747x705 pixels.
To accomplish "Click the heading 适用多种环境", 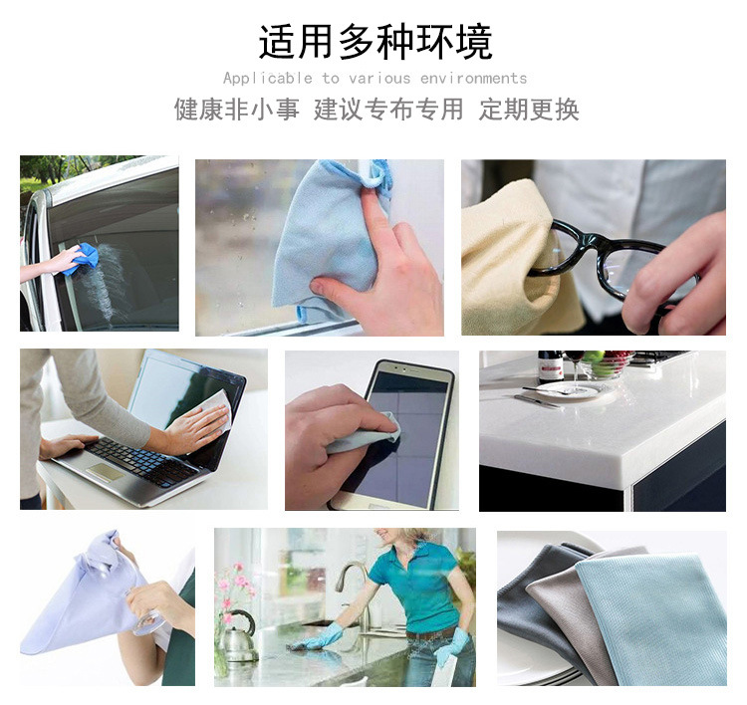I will pos(375,42).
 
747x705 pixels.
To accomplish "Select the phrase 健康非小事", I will pos(237,110).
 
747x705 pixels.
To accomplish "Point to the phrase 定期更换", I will pos(529,110).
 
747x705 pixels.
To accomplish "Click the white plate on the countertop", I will pos(568,389).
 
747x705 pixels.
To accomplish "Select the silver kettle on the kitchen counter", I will pos(239,637).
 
